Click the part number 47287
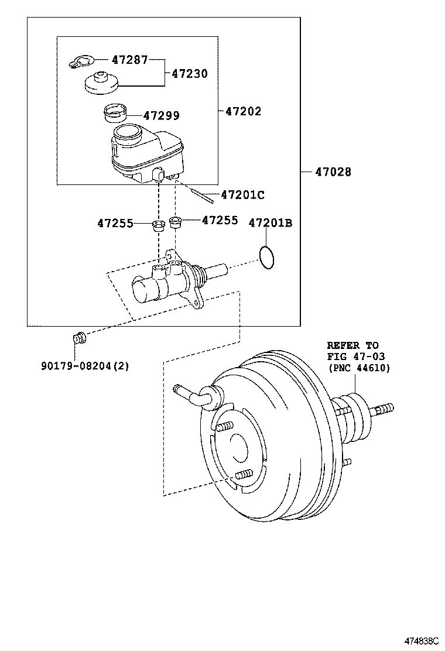click(x=130, y=60)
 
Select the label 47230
click(x=190, y=74)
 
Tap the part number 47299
click(x=162, y=115)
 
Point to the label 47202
click(x=243, y=111)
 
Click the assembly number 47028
click(x=333, y=172)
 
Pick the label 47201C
click(x=243, y=195)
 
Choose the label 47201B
click(x=271, y=223)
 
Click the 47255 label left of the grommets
click(x=115, y=224)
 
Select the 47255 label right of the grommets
click(x=220, y=220)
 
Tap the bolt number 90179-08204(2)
click(x=85, y=366)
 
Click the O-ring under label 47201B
click(x=266, y=257)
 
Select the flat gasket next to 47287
click(x=81, y=62)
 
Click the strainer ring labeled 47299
click(x=115, y=113)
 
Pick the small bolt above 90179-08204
click(x=79, y=338)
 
